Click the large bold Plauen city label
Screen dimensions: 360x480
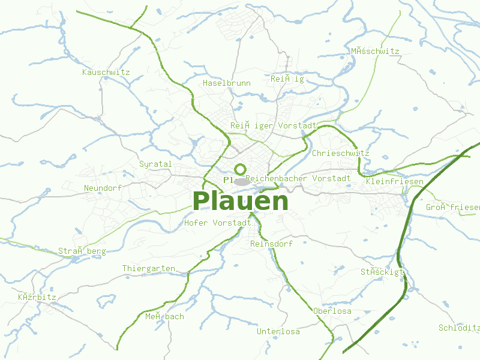pos(241,202)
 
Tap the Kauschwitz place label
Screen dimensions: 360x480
pos(106,72)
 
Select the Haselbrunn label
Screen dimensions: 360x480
pos(227,83)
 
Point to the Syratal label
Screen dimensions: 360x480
pos(155,164)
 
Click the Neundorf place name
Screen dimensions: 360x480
pos(103,188)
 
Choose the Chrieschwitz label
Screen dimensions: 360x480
pos(341,153)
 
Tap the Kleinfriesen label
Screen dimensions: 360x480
pos(394,181)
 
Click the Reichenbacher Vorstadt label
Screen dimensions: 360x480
pos(298,178)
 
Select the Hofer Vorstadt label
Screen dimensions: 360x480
pos(218,223)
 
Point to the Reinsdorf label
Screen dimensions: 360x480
pos(271,244)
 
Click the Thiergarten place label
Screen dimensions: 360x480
pos(149,268)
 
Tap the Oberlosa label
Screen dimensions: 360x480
pos(332,311)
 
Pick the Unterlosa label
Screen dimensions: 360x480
pos(278,331)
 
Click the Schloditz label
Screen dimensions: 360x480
pos(460,328)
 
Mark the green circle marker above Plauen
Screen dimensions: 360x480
pos(241,169)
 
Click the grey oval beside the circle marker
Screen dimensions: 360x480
pos(242,181)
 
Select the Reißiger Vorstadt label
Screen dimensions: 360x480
pos(274,125)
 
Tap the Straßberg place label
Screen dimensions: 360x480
pos(82,251)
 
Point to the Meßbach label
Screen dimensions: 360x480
pos(164,316)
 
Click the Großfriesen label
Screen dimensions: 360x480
pos(453,207)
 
